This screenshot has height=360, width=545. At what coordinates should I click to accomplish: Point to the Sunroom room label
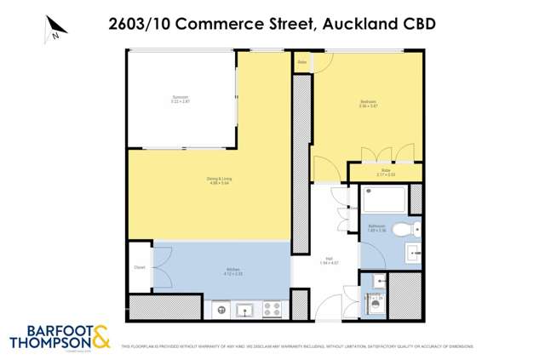tap(180, 99)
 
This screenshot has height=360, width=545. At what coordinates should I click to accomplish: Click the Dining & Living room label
tap(219, 180)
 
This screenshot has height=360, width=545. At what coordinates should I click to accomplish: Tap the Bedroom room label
tap(368, 105)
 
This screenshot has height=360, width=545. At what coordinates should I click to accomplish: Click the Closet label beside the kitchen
tap(140, 267)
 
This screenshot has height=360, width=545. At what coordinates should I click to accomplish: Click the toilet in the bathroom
tap(412, 227)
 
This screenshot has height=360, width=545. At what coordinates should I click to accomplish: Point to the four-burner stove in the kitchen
tap(272, 308)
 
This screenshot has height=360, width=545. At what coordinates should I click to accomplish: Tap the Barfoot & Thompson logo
tap(60, 337)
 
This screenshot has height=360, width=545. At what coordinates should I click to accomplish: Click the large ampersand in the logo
tap(100, 337)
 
